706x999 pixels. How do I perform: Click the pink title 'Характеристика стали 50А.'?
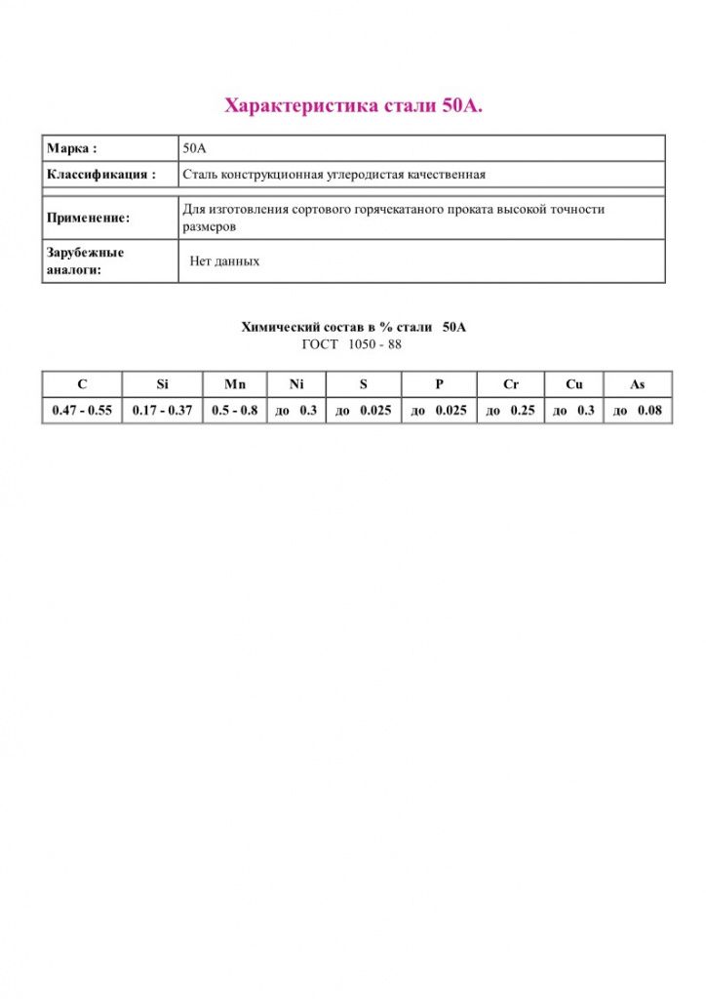pos(353,105)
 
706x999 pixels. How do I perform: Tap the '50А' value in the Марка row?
pos(195,149)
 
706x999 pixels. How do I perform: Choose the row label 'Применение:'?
pos(88,218)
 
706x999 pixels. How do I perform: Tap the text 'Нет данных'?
pos(224,261)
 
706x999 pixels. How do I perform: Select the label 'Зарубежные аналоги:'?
pos(86,260)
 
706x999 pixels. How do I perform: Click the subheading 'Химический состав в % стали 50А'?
pos(353,328)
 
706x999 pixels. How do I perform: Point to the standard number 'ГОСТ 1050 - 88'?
pos(352,344)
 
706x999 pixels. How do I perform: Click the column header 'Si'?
pos(162,384)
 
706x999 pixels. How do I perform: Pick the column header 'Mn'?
pos(235,384)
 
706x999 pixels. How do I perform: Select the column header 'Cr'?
pos(511,384)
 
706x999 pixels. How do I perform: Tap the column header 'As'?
pos(637,384)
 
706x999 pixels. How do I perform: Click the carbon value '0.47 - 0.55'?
pos(82,411)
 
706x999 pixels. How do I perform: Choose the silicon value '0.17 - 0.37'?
pos(162,411)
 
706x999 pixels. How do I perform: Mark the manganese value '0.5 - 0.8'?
pos(235,411)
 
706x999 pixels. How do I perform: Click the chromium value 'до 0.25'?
pos(511,411)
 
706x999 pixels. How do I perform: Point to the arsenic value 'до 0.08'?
pos(637,411)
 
